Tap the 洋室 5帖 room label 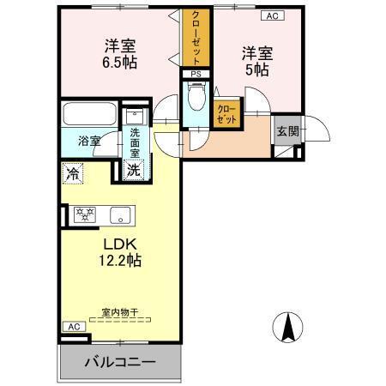click(x=255, y=61)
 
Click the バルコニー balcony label click(x=119, y=363)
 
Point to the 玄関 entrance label click(x=286, y=131)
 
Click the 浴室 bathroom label click(x=89, y=140)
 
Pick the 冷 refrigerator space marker click(x=72, y=172)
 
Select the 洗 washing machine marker click(x=134, y=169)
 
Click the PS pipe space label click(x=196, y=74)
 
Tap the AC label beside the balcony click(x=74, y=328)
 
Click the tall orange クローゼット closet click(x=196, y=39)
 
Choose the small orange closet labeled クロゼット click(x=227, y=114)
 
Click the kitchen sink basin click(x=118, y=214)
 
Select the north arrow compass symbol click(x=288, y=327)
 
